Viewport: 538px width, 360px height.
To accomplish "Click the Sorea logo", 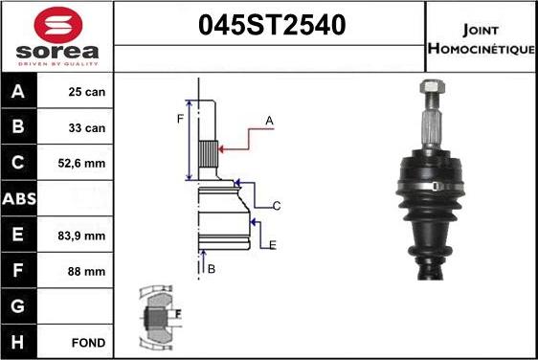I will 56,36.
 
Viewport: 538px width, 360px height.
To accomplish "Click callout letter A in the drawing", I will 270,121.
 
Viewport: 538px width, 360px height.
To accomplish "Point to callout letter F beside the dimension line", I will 178,119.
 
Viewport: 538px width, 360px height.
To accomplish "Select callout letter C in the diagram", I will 276,206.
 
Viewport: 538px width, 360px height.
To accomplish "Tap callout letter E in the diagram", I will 273,246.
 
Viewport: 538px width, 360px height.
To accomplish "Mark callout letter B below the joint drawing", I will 212,269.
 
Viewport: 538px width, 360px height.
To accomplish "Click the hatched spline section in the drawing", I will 209,152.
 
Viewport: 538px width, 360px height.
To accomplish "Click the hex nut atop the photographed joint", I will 429,94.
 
